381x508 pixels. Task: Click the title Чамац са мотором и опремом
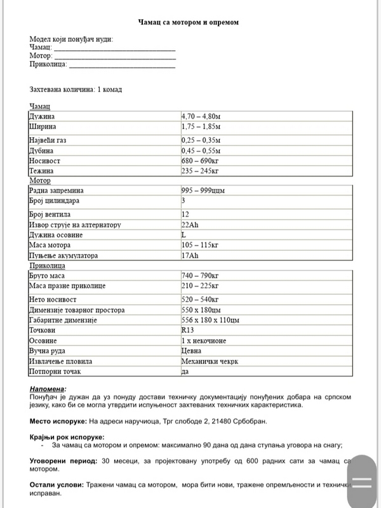[189, 22]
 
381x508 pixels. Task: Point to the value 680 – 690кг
[200, 161]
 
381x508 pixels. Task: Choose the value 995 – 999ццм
[203, 190]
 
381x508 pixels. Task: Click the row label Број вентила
[51, 215]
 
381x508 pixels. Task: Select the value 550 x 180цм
[204, 310]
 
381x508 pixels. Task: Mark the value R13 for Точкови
[187, 331]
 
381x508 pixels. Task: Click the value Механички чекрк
[209, 361]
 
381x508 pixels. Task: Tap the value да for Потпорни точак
[185, 371]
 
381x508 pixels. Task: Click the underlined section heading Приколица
[47, 266]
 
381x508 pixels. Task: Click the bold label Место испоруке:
[58, 421]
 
